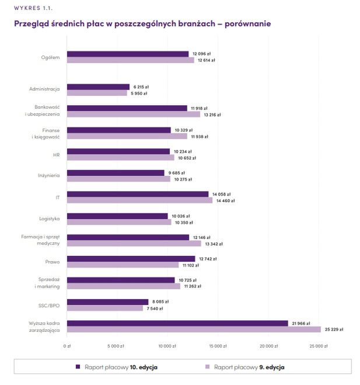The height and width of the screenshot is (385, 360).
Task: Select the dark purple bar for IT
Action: point(137,194)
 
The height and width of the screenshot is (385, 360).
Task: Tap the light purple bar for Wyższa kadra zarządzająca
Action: point(194,329)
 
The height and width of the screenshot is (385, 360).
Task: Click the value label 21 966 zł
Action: point(302,323)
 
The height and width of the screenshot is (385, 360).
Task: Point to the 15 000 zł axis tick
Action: point(217,346)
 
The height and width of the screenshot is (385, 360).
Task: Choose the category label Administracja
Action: point(44,89)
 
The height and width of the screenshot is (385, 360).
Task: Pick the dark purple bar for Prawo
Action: point(131,258)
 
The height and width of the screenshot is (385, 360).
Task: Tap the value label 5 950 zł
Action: point(138,93)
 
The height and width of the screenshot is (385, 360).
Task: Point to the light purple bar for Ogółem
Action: point(130,60)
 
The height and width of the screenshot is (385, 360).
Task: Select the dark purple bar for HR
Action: point(118,151)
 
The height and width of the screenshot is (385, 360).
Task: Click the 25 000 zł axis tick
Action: point(319,346)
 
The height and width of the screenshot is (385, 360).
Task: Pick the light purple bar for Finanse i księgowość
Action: point(127,136)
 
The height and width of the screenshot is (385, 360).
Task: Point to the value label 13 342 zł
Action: point(213,244)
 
